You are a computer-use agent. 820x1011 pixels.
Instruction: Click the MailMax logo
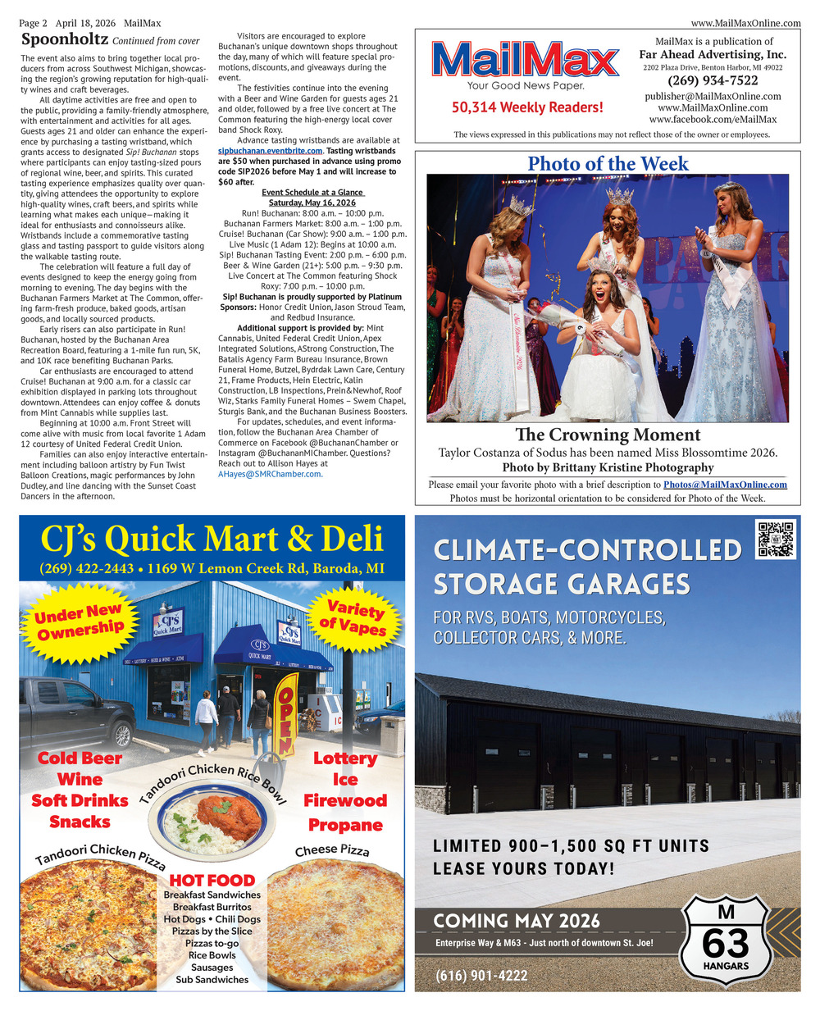(526, 61)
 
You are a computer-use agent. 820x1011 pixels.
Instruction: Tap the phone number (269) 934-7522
(713, 80)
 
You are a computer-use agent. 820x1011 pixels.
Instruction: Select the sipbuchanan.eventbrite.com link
(271, 151)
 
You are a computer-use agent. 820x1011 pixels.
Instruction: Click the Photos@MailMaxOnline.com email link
(725, 485)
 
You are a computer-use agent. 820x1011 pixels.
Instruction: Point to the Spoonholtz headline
(65, 39)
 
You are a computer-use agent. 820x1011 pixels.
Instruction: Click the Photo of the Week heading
(608, 164)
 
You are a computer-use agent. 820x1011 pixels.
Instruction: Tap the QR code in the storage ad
(775, 539)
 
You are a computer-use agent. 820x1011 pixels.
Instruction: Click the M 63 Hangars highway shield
(726, 940)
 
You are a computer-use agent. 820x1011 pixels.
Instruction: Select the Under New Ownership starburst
(80, 621)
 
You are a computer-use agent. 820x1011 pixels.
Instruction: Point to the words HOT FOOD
(212, 880)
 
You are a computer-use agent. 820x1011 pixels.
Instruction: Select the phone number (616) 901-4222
(481, 976)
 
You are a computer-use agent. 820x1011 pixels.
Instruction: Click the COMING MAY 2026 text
(517, 921)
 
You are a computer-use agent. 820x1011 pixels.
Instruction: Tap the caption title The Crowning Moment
(608, 435)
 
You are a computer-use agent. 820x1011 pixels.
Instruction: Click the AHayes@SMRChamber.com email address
(270, 474)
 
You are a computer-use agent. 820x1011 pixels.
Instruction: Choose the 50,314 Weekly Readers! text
(526, 107)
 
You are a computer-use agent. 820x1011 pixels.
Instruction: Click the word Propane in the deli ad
(345, 824)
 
